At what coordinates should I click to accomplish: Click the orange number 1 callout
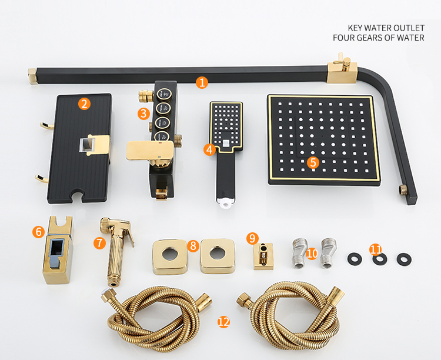(202, 83)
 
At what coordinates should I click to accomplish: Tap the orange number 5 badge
(313, 162)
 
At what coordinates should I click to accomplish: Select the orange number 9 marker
(252, 238)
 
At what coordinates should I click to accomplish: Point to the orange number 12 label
(223, 321)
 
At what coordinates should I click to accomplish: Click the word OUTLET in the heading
(409, 28)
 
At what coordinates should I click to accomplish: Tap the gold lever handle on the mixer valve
(149, 151)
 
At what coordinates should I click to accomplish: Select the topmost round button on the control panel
(164, 94)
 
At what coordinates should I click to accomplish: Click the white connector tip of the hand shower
(226, 203)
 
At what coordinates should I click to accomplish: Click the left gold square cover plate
(170, 257)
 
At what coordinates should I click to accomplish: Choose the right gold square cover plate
(218, 256)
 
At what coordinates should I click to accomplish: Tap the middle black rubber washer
(380, 259)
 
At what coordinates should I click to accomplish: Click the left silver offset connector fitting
(299, 253)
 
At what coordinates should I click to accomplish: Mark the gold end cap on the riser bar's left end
(32, 76)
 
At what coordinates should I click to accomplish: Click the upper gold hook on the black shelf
(46, 126)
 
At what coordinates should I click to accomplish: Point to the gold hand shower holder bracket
(58, 250)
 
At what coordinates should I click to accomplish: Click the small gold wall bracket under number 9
(263, 256)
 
